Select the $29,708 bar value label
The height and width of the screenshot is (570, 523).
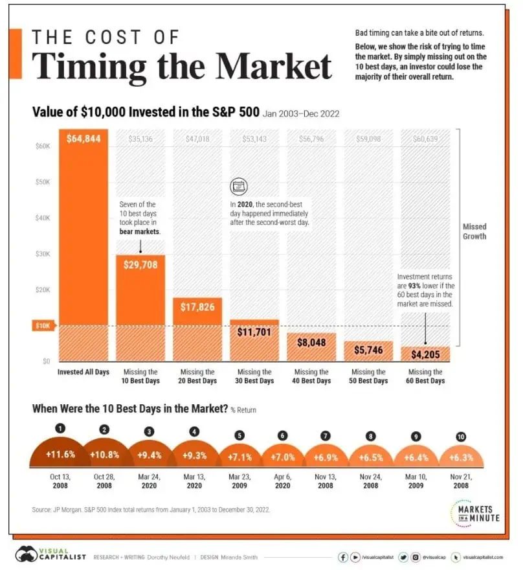click(x=140, y=264)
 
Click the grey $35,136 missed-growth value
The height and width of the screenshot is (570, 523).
click(x=140, y=138)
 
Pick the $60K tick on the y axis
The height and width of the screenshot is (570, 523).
click(x=42, y=147)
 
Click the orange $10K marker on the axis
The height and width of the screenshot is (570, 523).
click(x=43, y=326)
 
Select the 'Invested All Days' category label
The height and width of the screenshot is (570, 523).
click(x=83, y=372)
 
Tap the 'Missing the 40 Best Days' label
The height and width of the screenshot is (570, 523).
click(x=312, y=376)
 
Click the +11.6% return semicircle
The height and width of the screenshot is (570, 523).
click(x=61, y=454)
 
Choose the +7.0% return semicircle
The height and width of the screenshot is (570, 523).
click(x=282, y=456)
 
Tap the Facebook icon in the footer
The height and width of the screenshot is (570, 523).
click(x=343, y=556)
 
